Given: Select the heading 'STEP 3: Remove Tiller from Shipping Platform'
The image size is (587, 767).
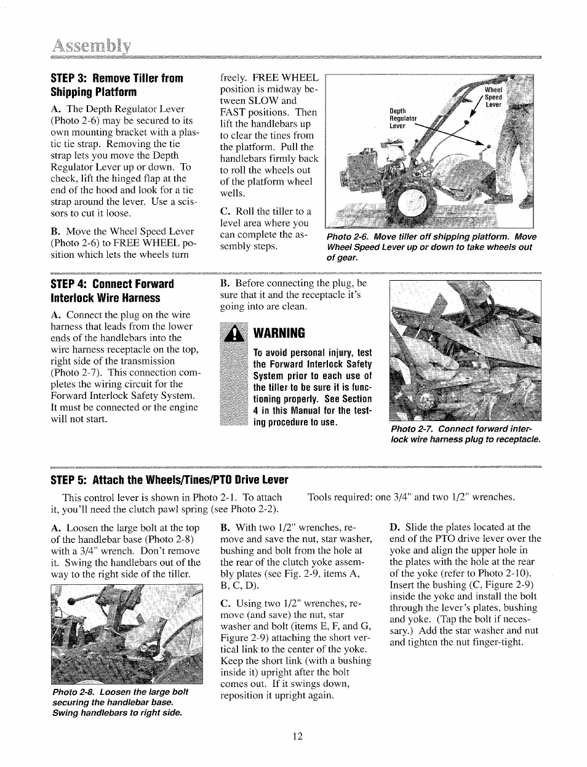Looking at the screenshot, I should coord(116,85).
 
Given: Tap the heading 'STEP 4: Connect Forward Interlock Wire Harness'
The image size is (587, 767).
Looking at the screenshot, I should coord(111,291).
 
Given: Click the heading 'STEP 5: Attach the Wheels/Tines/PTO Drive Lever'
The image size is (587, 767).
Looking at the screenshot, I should coord(169,480).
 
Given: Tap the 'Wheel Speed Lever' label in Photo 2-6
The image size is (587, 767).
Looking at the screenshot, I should coord(493,97).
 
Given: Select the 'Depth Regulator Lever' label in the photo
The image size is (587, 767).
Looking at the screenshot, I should coord(403,118).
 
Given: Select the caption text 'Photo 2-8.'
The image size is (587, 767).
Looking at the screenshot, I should coord(73,692).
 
